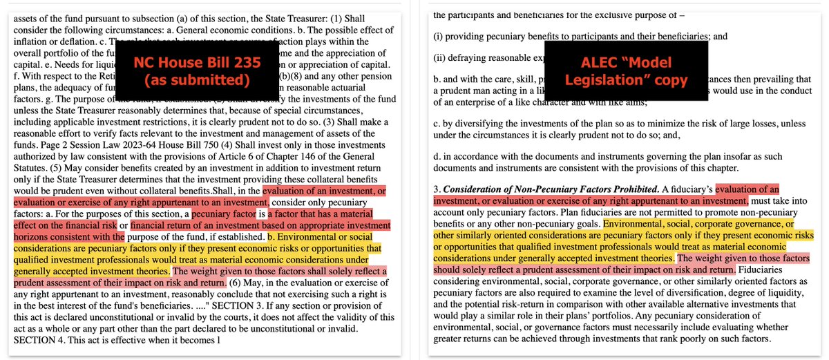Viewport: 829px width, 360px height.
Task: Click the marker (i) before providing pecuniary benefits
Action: coord(438,36)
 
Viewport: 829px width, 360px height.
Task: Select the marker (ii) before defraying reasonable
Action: coord(439,59)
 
